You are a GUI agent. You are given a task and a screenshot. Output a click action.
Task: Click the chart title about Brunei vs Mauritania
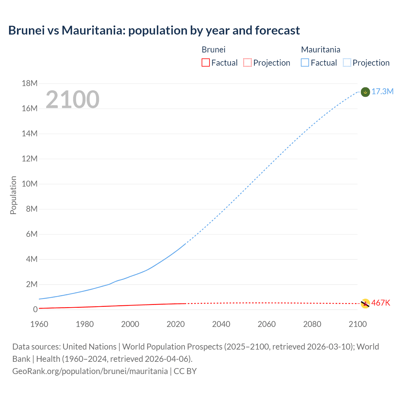pos(154,30)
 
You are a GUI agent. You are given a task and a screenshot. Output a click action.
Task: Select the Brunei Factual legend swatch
pos(205,62)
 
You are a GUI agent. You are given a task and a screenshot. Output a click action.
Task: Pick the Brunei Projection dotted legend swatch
pos(247,62)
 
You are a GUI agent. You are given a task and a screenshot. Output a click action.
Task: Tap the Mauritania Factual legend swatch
pos(305,62)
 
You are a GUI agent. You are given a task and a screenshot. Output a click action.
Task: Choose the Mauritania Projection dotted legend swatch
pos(347,62)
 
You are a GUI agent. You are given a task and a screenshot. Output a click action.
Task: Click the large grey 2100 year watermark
pos(73,100)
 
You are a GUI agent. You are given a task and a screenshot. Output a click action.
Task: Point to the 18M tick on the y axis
pos(30,83)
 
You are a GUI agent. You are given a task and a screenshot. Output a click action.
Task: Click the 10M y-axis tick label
pos(30,184)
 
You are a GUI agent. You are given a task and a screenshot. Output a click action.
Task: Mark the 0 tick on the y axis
pos(35,309)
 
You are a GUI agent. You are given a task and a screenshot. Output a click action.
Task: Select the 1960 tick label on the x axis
pos(39,324)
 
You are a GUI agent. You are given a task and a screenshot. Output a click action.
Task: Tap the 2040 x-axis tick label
pos(221,324)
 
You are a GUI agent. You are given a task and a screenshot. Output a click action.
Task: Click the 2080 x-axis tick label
pos(312,324)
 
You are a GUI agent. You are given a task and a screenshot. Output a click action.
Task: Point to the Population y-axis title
pos(13,195)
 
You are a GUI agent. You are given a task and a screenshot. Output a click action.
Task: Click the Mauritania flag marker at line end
pos(365,92)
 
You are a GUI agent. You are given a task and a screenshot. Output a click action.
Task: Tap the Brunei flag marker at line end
pos(365,303)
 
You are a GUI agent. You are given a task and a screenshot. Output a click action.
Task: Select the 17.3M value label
pos(382,91)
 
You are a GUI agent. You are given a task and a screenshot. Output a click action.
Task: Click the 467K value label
pos(381,303)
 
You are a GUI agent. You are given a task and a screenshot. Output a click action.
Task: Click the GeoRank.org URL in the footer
pos(90,371)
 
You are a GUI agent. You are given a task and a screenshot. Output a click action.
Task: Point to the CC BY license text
pos(185,371)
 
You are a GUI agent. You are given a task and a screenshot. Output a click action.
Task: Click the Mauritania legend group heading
pos(321,50)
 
